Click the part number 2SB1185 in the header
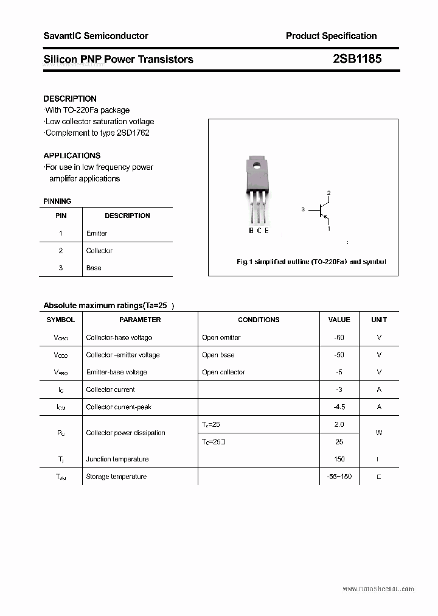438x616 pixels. (357, 59)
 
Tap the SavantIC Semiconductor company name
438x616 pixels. (96, 36)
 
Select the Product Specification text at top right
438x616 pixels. (331, 36)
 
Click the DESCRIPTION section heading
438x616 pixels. (70, 99)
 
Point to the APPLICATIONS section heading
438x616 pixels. (72, 156)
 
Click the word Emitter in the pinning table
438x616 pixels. (97, 233)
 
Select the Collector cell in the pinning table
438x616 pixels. (99, 251)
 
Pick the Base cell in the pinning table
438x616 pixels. (94, 268)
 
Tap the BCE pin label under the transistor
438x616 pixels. (259, 231)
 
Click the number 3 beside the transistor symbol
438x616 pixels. (302, 209)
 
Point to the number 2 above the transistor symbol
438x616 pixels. (328, 194)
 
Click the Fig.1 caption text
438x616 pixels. (311, 262)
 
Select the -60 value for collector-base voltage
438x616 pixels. (339, 337)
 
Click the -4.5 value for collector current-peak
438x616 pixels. (339, 407)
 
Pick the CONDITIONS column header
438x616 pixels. (259, 320)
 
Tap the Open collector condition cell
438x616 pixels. (223, 372)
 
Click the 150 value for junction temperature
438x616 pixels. (339, 459)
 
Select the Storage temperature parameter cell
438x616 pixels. (116, 477)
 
